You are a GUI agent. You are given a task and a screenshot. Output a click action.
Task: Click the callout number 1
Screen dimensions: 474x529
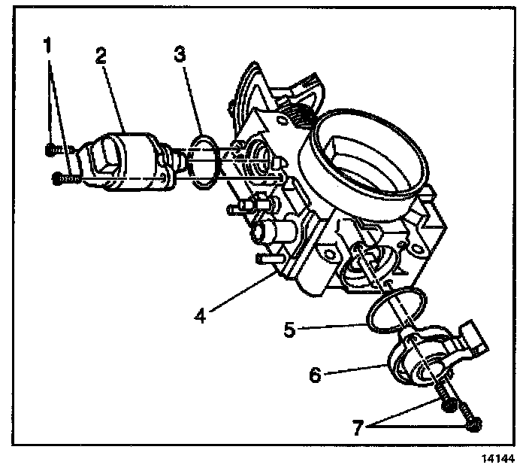coord(48,44)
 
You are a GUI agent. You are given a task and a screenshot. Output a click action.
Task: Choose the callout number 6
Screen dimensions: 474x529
coord(316,374)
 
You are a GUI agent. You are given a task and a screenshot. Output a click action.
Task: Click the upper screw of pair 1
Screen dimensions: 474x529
coord(51,150)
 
